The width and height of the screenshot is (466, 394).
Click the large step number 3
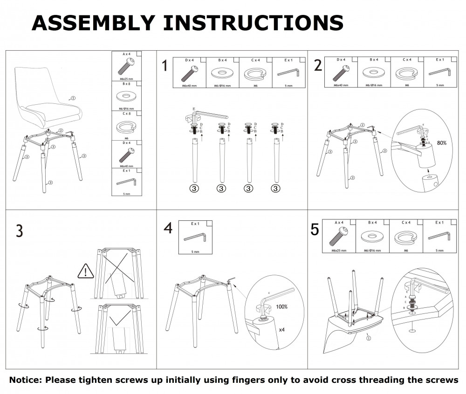[x=19, y=231]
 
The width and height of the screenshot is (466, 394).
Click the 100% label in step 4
[x=282, y=307]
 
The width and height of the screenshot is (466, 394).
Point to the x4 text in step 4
[x=282, y=329]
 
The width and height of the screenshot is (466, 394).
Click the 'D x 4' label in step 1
[x=190, y=60]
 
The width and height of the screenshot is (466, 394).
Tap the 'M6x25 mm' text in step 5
[x=338, y=251]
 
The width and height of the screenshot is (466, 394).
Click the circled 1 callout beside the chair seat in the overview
[x=73, y=98]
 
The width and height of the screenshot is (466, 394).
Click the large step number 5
[x=315, y=230]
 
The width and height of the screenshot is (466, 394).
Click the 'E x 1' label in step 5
[x=439, y=223]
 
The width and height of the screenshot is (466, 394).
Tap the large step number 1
[x=164, y=66]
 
